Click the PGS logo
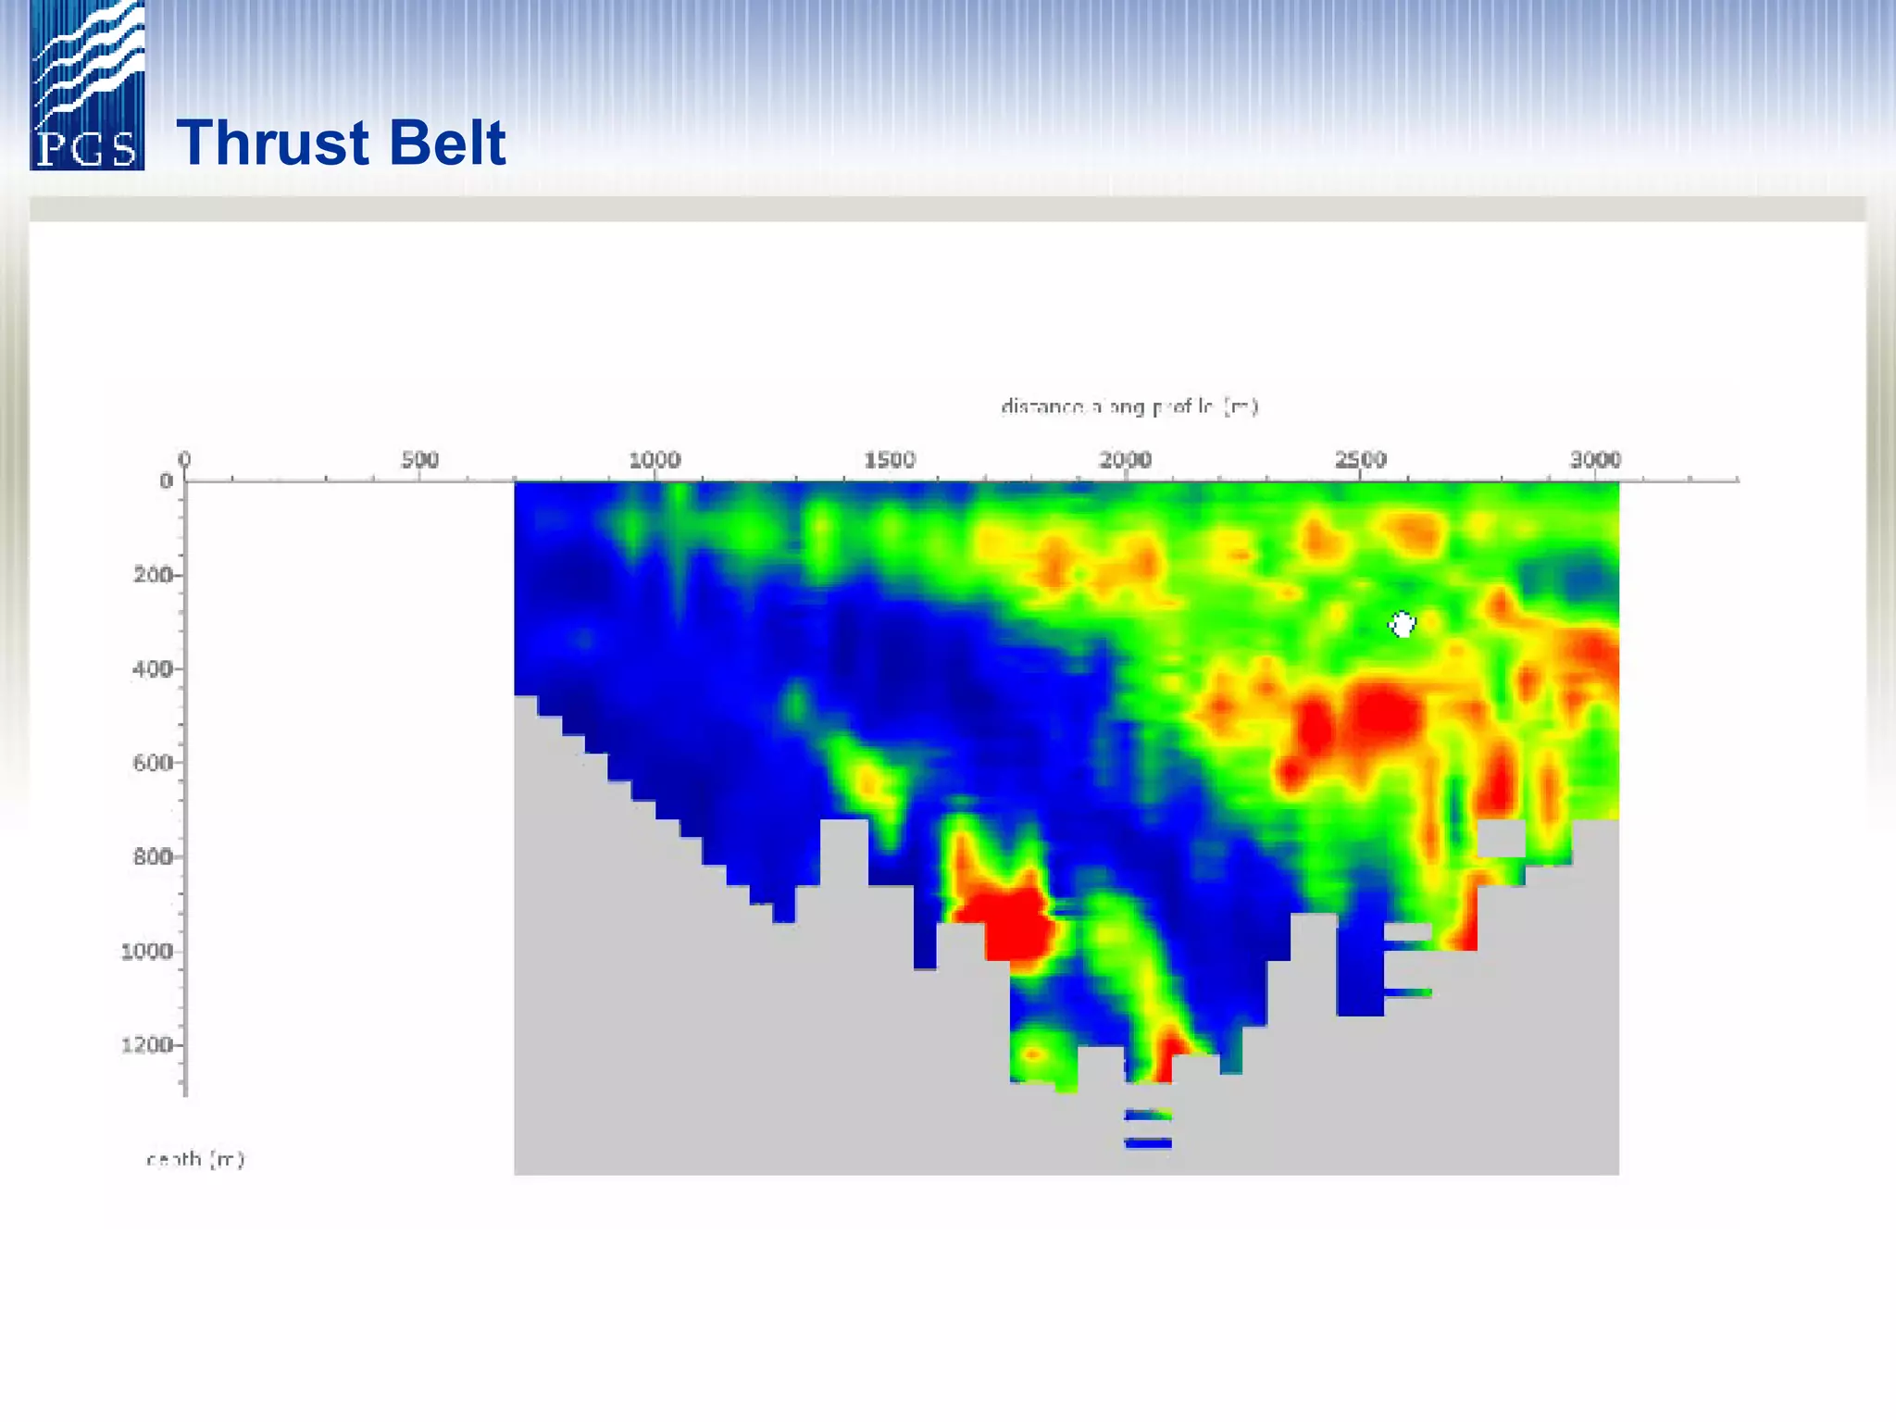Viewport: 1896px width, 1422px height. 87,86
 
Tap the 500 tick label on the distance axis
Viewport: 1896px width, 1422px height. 419,459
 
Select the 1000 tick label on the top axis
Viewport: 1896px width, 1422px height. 655,459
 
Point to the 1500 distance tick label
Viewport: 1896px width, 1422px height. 890,459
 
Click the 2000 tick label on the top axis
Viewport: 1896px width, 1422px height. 1125,459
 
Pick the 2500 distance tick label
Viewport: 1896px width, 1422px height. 1360,459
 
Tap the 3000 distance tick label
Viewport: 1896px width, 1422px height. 1595,459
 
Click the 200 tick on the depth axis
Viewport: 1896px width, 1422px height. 153,575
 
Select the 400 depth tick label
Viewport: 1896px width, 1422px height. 153,668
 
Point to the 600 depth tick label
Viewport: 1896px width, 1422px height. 153,763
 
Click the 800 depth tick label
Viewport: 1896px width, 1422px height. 153,856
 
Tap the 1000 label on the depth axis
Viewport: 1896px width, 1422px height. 146,951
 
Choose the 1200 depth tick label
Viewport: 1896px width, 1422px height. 146,1045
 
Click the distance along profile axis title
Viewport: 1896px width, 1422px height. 1129,406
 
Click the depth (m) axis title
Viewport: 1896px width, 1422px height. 195,1159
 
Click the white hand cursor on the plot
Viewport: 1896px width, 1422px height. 1403,625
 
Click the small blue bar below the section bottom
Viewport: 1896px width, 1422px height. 1148,1143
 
